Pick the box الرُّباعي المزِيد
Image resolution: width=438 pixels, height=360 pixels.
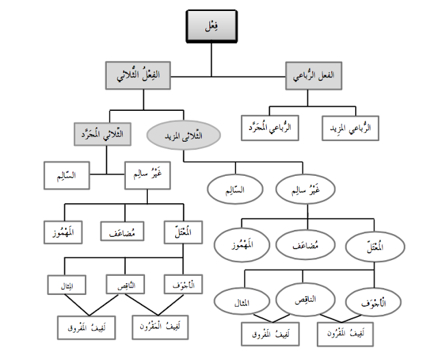coord(354,127)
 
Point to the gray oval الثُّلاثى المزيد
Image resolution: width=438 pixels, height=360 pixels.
coord(183,135)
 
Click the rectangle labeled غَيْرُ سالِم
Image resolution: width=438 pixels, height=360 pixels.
coord(149,175)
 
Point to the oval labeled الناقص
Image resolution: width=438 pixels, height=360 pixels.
coord(307,296)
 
